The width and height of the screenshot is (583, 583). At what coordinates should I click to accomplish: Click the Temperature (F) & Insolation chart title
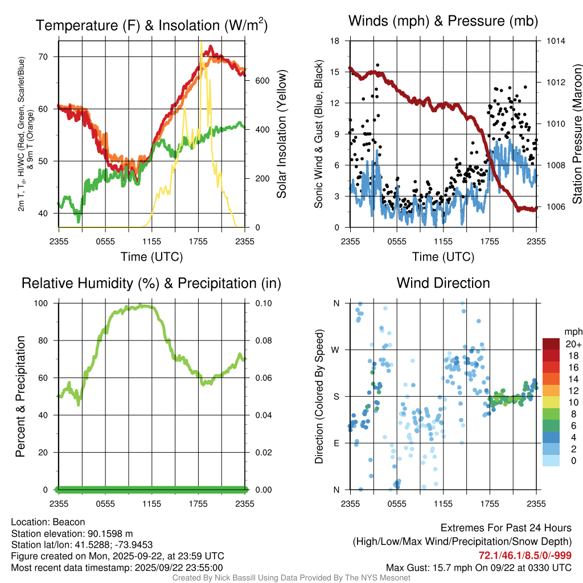(x=151, y=25)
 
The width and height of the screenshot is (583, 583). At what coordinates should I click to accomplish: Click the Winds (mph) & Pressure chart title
(x=443, y=21)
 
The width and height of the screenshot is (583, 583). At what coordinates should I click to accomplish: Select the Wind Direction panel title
(x=443, y=283)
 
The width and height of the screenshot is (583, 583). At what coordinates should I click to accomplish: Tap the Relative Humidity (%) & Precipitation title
(x=151, y=283)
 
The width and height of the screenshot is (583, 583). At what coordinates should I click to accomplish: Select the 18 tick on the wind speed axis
(x=335, y=41)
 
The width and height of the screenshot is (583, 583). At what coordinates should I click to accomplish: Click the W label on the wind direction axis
(x=336, y=350)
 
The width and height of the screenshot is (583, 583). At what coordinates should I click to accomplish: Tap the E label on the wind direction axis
(x=336, y=443)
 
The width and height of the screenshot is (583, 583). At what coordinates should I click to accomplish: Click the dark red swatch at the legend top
(x=552, y=344)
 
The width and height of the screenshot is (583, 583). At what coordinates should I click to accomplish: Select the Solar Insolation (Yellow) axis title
(x=282, y=134)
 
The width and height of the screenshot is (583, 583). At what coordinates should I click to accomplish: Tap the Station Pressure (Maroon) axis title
(x=577, y=134)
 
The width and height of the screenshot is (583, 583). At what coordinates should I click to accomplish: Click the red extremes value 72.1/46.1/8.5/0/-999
(x=525, y=555)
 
